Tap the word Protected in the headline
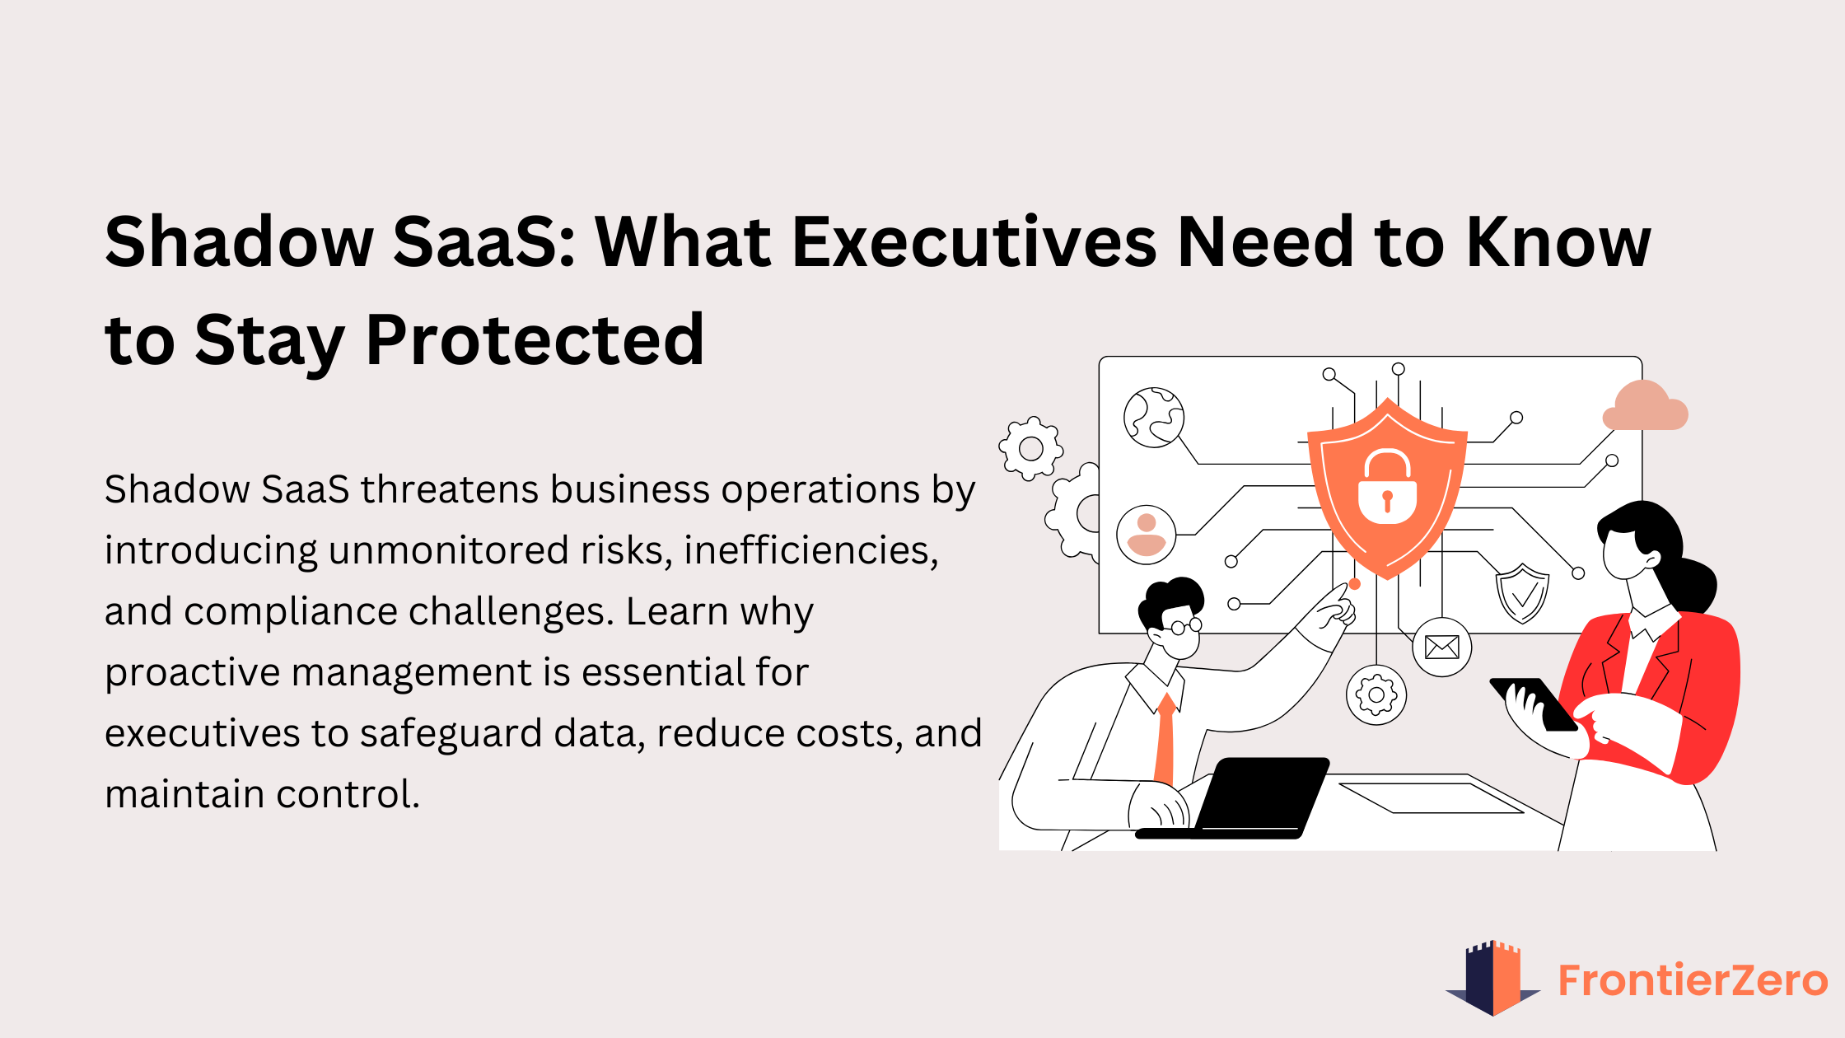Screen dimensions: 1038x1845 pos(535,340)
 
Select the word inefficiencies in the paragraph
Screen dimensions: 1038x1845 pos(810,550)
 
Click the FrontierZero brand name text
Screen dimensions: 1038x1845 pos(1693,980)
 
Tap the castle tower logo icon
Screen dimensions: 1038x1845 pos(1492,978)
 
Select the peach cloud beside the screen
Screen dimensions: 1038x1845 pos(1645,408)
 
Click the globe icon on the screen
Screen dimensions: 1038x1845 pos(1154,418)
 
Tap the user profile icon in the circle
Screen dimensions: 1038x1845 pos(1146,535)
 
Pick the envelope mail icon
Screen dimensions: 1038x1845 pos(1441,648)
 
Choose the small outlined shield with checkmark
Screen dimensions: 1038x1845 pos(1522,592)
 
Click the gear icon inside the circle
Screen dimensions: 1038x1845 pos(1376,695)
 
